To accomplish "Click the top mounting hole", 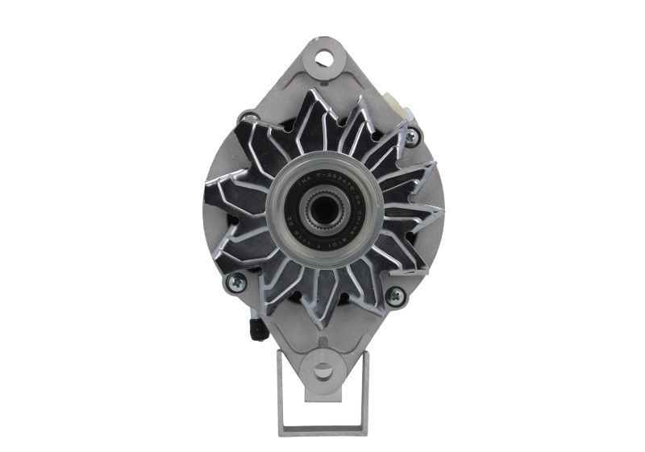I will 323,58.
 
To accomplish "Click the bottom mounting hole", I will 322,371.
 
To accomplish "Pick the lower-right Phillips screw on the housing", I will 394,296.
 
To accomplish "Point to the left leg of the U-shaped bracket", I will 283,395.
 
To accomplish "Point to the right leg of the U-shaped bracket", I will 364,395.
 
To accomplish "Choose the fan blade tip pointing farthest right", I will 442,211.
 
